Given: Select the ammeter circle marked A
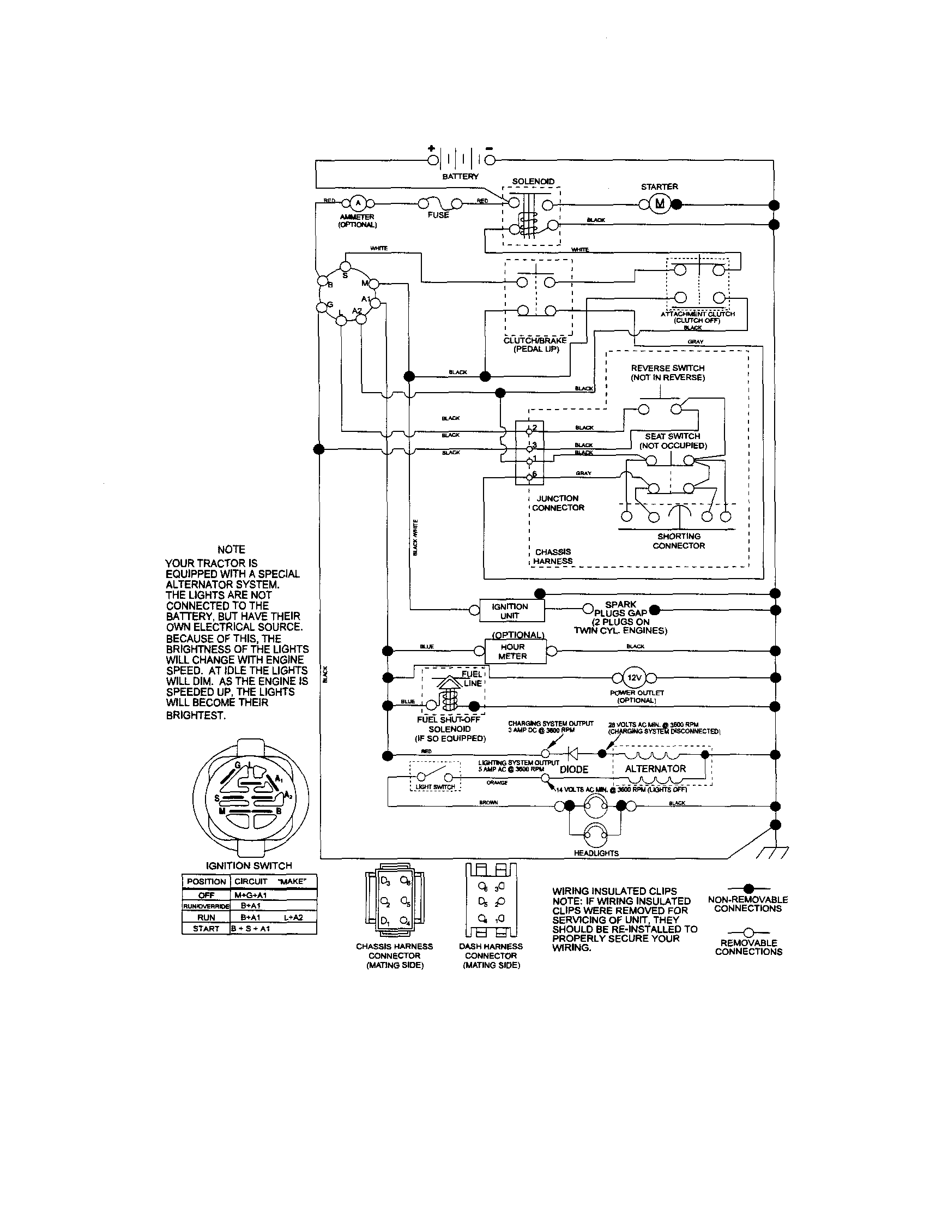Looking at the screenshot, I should pyautogui.click(x=357, y=203).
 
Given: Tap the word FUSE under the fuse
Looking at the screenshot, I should pyautogui.click(x=438, y=215).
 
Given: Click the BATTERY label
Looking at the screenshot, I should pyautogui.click(x=460, y=177).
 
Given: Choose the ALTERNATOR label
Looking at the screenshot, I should pyautogui.click(x=655, y=768).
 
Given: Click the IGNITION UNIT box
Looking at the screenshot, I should pyautogui.click(x=510, y=611).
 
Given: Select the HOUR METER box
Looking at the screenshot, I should pyautogui.click(x=512, y=651).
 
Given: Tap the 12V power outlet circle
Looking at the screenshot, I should pyautogui.click(x=633, y=677).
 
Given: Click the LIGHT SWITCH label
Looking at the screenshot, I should pyautogui.click(x=435, y=786).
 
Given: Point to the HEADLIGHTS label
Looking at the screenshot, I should pyautogui.click(x=596, y=853).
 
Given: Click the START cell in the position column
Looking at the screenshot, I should pyautogui.click(x=206, y=928).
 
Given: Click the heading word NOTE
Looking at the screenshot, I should pyautogui.click(x=231, y=549).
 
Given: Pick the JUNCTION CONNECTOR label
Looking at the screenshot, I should pyautogui.click(x=558, y=503).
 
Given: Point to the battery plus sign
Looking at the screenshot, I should pyautogui.click(x=431, y=148).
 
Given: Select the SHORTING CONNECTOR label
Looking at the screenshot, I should pyautogui.click(x=679, y=540).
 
